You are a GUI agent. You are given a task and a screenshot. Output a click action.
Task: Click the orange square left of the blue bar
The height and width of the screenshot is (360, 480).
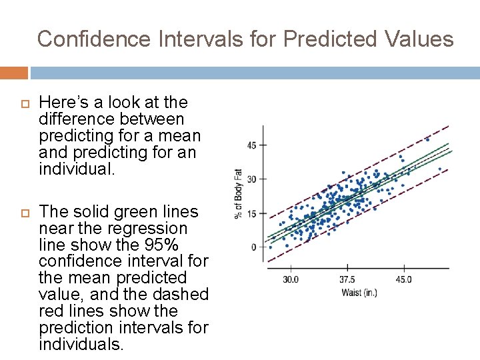13,73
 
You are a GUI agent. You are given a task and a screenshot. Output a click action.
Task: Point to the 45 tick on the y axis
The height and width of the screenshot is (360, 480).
252,145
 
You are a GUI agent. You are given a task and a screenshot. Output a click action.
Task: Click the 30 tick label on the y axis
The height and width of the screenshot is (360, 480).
252,179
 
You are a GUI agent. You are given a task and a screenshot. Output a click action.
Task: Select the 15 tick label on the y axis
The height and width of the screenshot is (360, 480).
252,213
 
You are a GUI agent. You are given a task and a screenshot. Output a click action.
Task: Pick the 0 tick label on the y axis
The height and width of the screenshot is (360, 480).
254,247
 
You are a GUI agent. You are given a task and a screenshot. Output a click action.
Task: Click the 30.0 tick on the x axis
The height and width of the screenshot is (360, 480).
291,280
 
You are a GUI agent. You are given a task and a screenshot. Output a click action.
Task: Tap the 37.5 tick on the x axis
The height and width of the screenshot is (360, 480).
347,280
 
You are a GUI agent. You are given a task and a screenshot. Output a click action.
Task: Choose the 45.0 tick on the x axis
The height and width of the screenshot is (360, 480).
403,280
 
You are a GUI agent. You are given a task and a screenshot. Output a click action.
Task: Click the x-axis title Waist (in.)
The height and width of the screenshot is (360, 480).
359,293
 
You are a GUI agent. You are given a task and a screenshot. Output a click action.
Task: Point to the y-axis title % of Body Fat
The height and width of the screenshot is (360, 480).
238,193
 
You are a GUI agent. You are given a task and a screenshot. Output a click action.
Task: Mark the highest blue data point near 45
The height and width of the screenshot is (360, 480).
427,139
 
